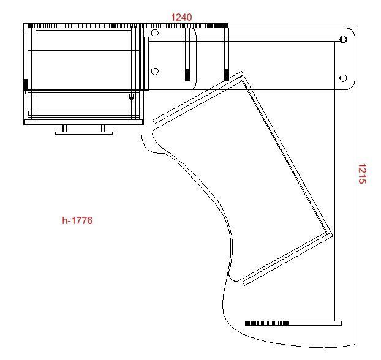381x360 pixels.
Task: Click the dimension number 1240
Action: tap(181, 17)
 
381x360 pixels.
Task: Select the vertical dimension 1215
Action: tap(362, 173)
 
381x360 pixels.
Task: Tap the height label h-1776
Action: tap(77, 220)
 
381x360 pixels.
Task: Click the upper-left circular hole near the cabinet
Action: tap(155, 32)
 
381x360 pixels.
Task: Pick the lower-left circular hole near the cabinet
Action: tap(155, 72)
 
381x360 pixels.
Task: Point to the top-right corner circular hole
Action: tap(343, 39)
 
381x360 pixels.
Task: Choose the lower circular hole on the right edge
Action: tap(343, 78)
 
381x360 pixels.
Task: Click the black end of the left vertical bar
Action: tap(187, 75)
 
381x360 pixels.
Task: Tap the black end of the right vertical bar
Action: tap(227, 75)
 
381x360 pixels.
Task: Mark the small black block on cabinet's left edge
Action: tap(26, 84)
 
